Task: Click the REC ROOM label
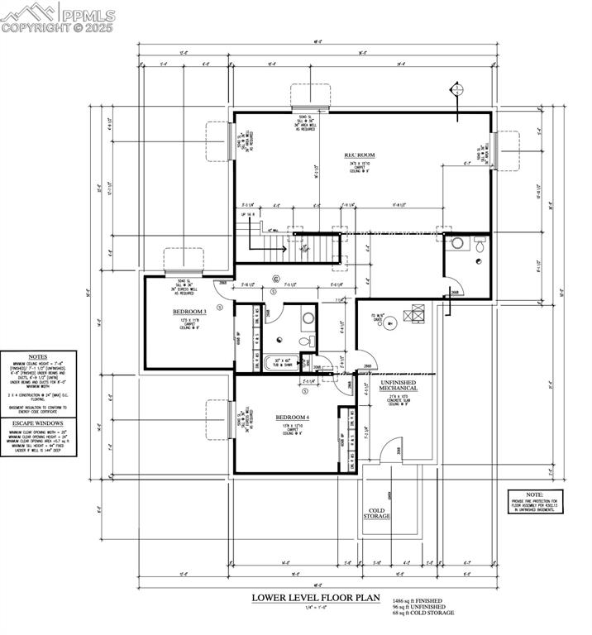360,155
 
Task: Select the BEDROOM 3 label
189,311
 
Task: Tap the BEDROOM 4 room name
292,418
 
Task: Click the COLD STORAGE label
377,512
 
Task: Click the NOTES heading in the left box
37,354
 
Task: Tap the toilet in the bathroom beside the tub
303,340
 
